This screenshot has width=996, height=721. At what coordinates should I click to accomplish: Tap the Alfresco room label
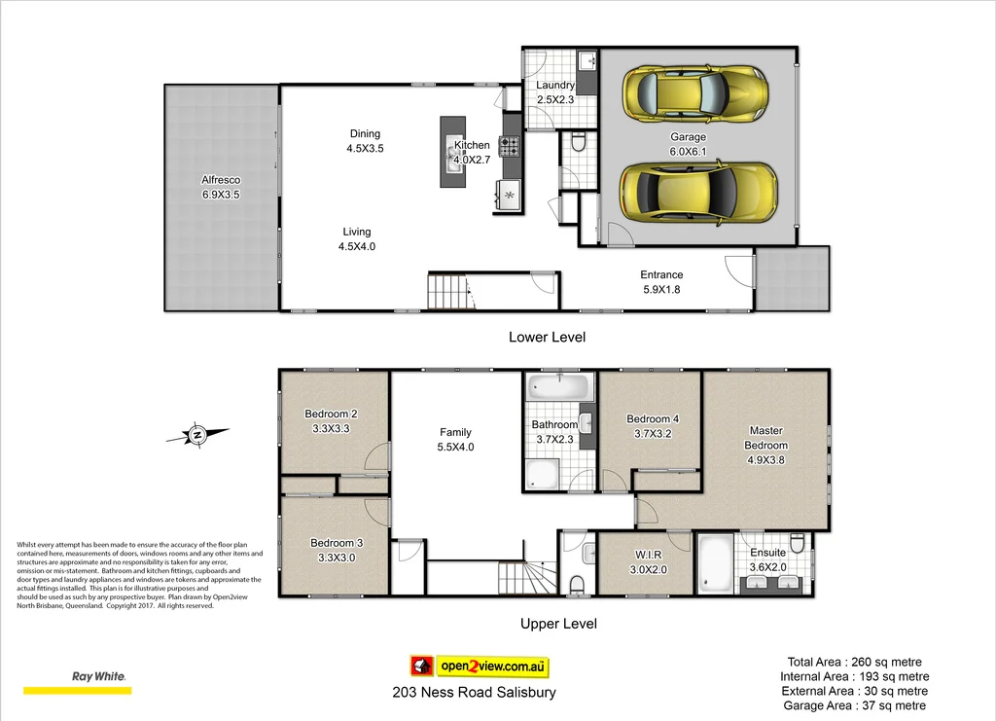(x=221, y=180)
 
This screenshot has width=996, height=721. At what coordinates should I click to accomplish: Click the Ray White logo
(x=99, y=676)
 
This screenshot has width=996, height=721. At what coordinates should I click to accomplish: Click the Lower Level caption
(x=547, y=337)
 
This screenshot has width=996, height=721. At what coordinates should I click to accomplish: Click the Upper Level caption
(x=558, y=624)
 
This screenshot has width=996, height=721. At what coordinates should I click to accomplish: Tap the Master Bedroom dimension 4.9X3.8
(x=765, y=459)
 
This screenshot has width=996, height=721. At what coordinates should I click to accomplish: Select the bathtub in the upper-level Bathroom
(x=558, y=388)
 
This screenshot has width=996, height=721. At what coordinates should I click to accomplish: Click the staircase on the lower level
(x=448, y=291)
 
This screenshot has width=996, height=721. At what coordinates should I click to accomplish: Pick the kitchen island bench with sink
(x=452, y=152)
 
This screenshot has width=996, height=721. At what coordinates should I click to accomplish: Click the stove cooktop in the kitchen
(x=510, y=147)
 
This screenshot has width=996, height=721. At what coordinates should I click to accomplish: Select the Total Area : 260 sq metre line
(x=855, y=662)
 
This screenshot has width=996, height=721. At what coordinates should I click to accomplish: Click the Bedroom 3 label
(x=337, y=543)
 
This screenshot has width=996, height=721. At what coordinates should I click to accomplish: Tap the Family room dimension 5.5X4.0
(x=455, y=447)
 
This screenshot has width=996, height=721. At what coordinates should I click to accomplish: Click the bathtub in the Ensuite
(x=716, y=562)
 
